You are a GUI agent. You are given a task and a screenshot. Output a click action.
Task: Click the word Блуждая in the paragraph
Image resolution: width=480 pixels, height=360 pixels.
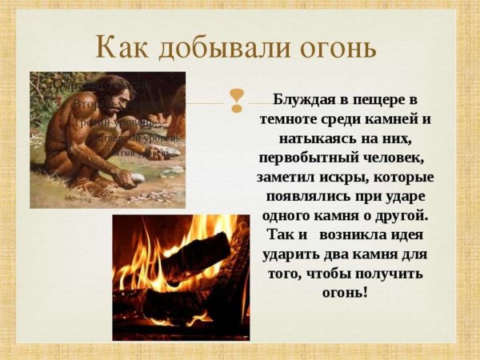coord(306,101)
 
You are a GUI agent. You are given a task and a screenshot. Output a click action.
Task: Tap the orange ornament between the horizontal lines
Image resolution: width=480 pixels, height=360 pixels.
coord(236,100)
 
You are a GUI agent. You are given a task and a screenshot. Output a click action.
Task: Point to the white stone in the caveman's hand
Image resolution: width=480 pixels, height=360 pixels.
coord(137,179)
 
